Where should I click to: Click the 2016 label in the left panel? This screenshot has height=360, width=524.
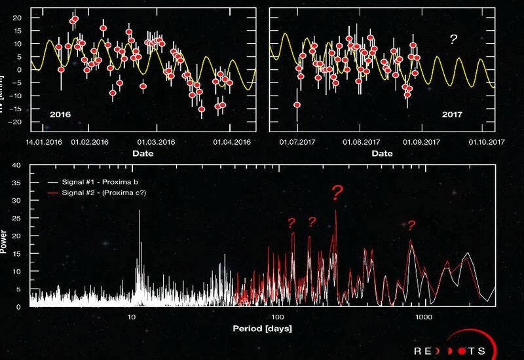[60, 115]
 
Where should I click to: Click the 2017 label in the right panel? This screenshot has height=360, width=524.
[452, 115]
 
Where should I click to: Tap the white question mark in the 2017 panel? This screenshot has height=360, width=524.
[453, 40]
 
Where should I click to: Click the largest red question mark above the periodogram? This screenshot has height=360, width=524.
[337, 193]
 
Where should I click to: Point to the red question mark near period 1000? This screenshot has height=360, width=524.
[411, 226]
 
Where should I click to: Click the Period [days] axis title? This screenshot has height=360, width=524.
[261, 327]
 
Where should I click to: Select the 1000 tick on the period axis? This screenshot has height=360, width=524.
[424, 317]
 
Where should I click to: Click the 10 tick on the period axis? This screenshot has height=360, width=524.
[132, 317]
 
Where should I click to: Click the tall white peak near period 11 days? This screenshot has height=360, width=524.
[139, 229]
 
